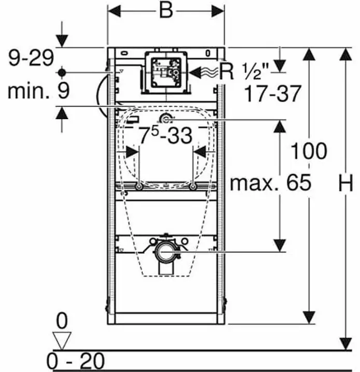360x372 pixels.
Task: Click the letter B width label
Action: click(166, 11)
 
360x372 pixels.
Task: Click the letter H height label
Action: click(346, 183)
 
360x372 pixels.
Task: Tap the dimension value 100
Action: click(309, 151)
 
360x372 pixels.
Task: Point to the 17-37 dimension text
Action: click(273, 94)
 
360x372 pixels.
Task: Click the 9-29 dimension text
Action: click(31, 58)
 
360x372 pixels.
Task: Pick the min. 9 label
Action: click(39, 91)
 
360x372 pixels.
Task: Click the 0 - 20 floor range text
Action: click(76, 361)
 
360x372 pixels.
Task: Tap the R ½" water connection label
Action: click(244, 71)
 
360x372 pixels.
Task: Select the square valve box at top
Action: click(166, 73)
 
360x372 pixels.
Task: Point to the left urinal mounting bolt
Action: click(139, 187)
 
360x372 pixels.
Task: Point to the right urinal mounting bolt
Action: click(193, 187)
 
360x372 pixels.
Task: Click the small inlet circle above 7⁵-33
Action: click(165, 120)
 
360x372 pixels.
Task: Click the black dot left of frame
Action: click(62, 73)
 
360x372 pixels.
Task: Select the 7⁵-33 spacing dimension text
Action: click(165, 135)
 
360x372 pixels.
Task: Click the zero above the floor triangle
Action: click(62, 321)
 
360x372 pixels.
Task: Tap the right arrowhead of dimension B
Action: click(218, 11)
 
